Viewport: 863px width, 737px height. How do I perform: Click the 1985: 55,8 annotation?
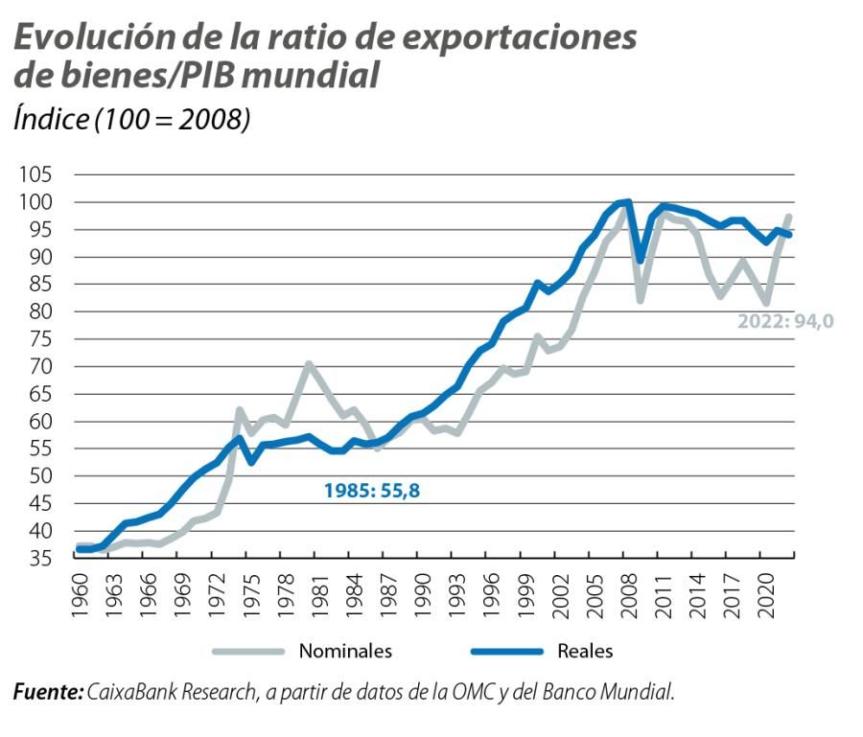(372, 491)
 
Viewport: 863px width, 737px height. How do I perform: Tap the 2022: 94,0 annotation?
(785, 321)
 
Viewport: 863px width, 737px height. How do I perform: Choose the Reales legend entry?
(584, 651)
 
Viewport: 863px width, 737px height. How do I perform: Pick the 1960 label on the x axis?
(79, 595)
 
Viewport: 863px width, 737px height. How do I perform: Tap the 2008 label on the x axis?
(624, 595)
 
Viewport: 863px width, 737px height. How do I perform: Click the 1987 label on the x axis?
(385, 595)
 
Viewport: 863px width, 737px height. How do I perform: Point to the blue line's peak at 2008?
(626, 201)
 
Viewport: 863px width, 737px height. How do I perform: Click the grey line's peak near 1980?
(308, 364)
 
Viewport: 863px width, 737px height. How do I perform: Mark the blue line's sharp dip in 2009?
(640, 260)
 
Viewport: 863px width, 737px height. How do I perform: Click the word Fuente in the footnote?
(47, 691)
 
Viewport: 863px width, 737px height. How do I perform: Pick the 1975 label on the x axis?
(249, 595)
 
